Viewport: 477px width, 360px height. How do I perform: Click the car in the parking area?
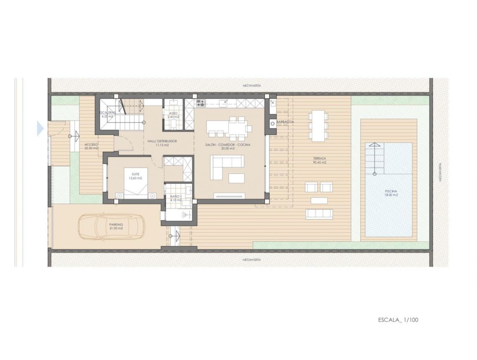[x=110, y=228]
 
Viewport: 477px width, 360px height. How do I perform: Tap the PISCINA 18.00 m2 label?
[x=391, y=193]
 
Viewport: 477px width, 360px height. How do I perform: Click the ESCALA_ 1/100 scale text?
[x=398, y=320]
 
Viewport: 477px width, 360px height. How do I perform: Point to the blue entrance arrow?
[x=40, y=129]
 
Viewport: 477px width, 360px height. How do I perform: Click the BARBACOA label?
[x=285, y=122]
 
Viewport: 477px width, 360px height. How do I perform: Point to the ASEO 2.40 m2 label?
[x=174, y=115]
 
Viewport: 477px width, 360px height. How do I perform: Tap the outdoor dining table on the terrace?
[x=319, y=125]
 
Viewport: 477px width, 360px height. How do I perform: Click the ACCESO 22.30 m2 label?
[x=91, y=146]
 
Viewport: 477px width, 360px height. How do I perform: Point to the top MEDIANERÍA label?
[x=251, y=85]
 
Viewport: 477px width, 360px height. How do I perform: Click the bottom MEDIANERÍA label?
[x=251, y=260]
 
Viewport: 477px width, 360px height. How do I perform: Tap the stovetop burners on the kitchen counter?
[x=200, y=103]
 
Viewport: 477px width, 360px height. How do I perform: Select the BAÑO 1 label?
[x=176, y=198]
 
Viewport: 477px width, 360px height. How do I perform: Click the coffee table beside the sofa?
[x=236, y=179]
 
